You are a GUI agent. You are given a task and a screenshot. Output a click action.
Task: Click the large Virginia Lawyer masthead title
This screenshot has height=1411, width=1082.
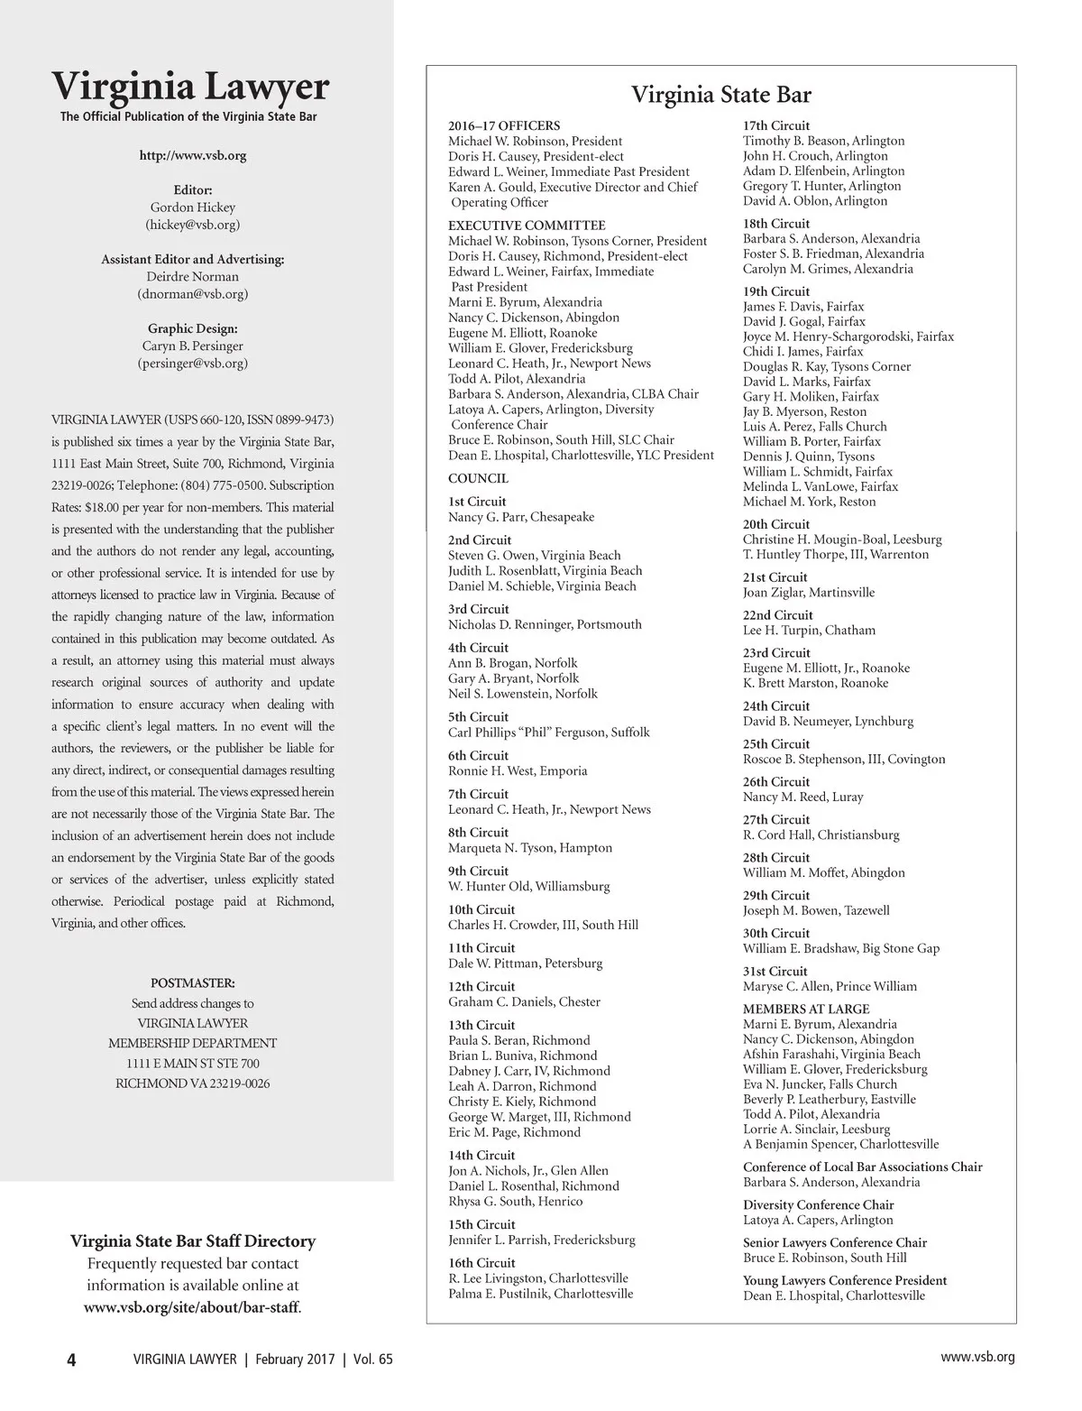tap(191, 87)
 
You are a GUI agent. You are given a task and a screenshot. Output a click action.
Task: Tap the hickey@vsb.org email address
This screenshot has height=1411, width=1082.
tap(193, 225)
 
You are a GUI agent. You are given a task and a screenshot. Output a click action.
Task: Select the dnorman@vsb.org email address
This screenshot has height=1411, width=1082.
tap(193, 294)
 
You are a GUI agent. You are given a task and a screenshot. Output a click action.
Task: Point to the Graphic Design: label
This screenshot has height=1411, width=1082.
tap(193, 329)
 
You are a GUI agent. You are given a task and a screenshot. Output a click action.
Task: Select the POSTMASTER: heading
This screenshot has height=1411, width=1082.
tap(193, 982)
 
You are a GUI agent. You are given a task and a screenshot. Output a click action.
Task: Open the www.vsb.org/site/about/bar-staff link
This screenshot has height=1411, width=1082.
tap(192, 1307)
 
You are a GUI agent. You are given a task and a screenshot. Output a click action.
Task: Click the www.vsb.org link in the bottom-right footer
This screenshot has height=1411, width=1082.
tap(977, 1357)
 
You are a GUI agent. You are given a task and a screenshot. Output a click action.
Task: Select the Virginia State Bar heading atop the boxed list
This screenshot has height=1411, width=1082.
tap(721, 95)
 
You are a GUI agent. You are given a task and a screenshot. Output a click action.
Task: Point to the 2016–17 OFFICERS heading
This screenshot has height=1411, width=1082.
tap(504, 126)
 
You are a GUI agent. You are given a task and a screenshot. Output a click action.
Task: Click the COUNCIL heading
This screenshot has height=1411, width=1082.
tap(478, 479)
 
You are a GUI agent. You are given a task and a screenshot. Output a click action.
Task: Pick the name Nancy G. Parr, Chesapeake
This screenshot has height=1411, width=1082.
tap(521, 518)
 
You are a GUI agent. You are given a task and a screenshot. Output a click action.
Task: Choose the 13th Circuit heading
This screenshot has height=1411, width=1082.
tap(481, 1026)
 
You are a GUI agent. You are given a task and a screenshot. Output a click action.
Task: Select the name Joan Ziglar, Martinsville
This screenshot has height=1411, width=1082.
tap(809, 593)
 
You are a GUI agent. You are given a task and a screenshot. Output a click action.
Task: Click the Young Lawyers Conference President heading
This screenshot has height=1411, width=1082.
tap(845, 1281)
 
